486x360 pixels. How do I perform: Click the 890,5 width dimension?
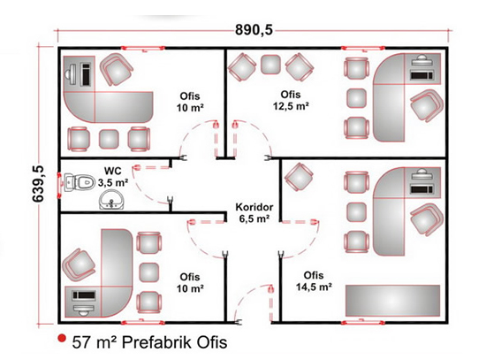point(254,30)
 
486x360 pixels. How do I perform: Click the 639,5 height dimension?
point(39,184)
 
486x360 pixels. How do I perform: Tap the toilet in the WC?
point(80,182)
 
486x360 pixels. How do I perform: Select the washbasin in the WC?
point(111,200)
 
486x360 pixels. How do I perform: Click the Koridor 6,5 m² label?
point(254,213)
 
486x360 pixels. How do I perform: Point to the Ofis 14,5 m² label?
point(314,281)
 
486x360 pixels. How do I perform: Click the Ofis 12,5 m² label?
point(291,100)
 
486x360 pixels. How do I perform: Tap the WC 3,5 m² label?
point(113,177)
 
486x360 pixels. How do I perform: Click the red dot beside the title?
point(63,338)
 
